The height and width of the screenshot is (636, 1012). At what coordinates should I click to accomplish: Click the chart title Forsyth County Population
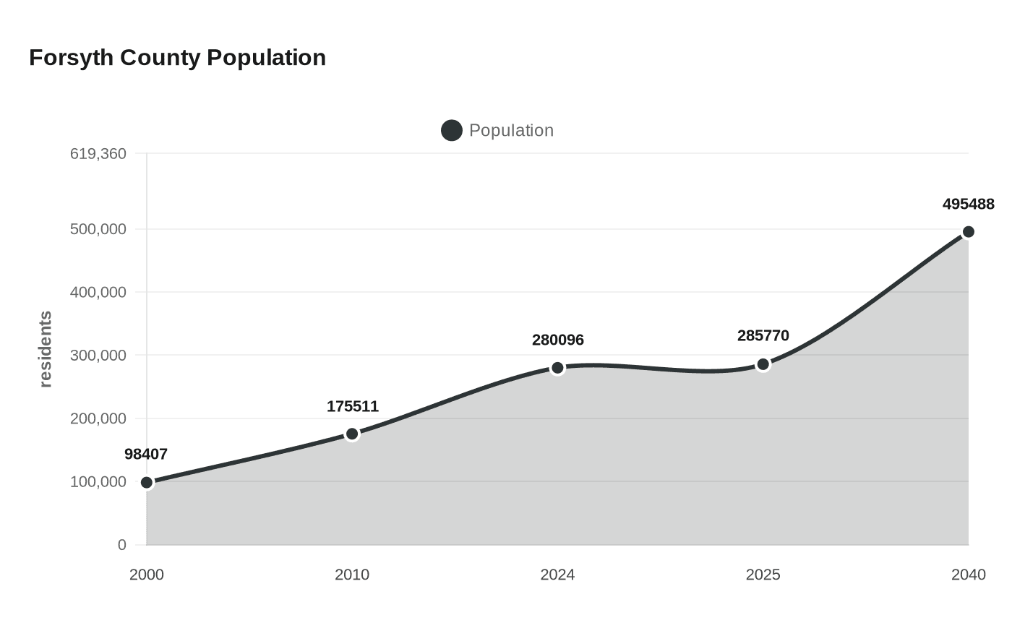(177, 58)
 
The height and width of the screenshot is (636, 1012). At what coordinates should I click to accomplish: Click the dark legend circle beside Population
(452, 131)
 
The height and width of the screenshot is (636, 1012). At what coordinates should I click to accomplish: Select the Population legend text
(511, 131)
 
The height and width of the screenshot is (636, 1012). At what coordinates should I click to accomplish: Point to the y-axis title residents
(46, 349)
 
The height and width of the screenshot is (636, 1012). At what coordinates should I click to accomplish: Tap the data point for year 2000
(147, 483)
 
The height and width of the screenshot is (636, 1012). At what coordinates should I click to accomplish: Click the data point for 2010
(352, 434)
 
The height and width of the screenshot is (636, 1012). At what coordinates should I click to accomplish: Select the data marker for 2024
(557, 368)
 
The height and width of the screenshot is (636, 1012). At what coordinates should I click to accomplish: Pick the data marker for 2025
(763, 364)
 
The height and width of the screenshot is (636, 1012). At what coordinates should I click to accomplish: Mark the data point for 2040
(969, 232)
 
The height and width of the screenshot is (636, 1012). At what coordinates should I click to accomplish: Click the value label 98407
(146, 455)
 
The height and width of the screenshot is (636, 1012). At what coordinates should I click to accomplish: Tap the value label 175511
(353, 407)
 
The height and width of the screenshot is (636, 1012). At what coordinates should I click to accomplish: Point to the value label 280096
(558, 340)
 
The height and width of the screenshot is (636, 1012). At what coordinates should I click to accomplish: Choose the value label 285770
(763, 336)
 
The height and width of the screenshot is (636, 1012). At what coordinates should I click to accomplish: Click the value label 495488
(969, 205)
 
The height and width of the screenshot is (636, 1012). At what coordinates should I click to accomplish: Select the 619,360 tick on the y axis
(98, 154)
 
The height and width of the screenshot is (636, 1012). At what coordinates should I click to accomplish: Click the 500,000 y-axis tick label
(98, 229)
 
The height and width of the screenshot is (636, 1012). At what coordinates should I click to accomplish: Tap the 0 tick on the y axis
(121, 545)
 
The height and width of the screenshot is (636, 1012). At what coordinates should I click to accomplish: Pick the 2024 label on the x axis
(557, 575)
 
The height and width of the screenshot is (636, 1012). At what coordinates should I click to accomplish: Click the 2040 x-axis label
(969, 575)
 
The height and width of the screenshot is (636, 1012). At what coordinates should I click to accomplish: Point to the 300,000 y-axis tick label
(98, 356)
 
